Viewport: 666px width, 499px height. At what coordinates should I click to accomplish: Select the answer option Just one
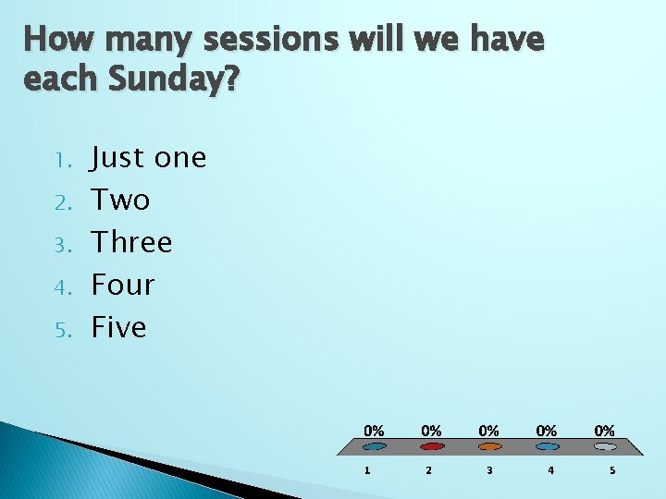148,158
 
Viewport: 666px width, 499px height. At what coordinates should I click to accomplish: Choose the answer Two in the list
120,201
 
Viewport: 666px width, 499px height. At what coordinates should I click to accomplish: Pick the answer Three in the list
131,242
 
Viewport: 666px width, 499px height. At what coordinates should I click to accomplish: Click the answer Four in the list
122,285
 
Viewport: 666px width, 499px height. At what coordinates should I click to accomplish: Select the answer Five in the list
118,327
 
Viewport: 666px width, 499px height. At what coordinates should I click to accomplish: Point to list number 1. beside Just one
64,161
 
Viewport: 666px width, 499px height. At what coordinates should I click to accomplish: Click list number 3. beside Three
63,245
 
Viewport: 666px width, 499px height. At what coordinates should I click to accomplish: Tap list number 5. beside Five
63,330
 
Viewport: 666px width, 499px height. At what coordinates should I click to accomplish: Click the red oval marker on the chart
431,446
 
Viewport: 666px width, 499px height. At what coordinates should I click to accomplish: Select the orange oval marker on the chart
489,446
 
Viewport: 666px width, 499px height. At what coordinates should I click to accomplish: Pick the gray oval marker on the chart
604,446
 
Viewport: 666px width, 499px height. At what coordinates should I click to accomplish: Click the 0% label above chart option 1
374,431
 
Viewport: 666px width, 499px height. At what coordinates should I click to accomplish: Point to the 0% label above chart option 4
547,431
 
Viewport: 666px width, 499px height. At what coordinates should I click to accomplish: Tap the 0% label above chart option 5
604,431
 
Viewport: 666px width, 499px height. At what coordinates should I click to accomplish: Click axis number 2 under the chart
427,470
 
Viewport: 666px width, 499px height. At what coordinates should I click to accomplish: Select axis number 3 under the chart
489,470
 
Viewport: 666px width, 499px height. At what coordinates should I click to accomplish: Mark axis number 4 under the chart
550,470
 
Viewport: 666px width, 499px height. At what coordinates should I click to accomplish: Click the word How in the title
57,41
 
